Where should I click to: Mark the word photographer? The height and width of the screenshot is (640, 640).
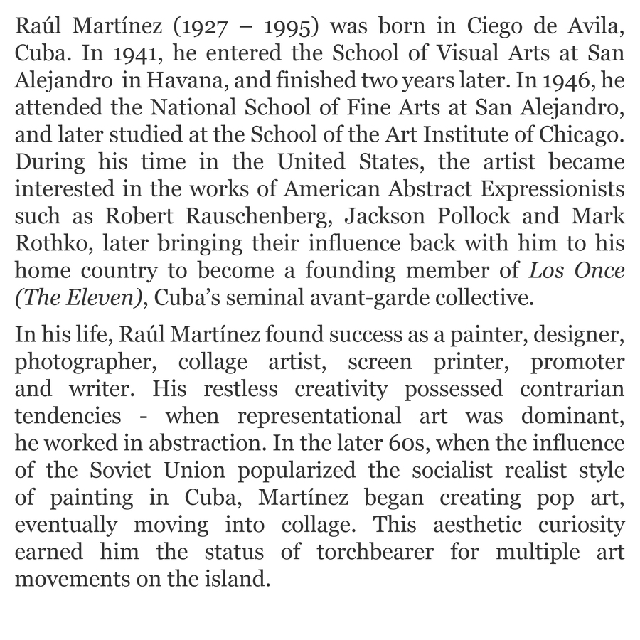pyautogui.click(x=84, y=362)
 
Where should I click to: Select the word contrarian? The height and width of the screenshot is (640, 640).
pyautogui.click(x=572, y=389)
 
